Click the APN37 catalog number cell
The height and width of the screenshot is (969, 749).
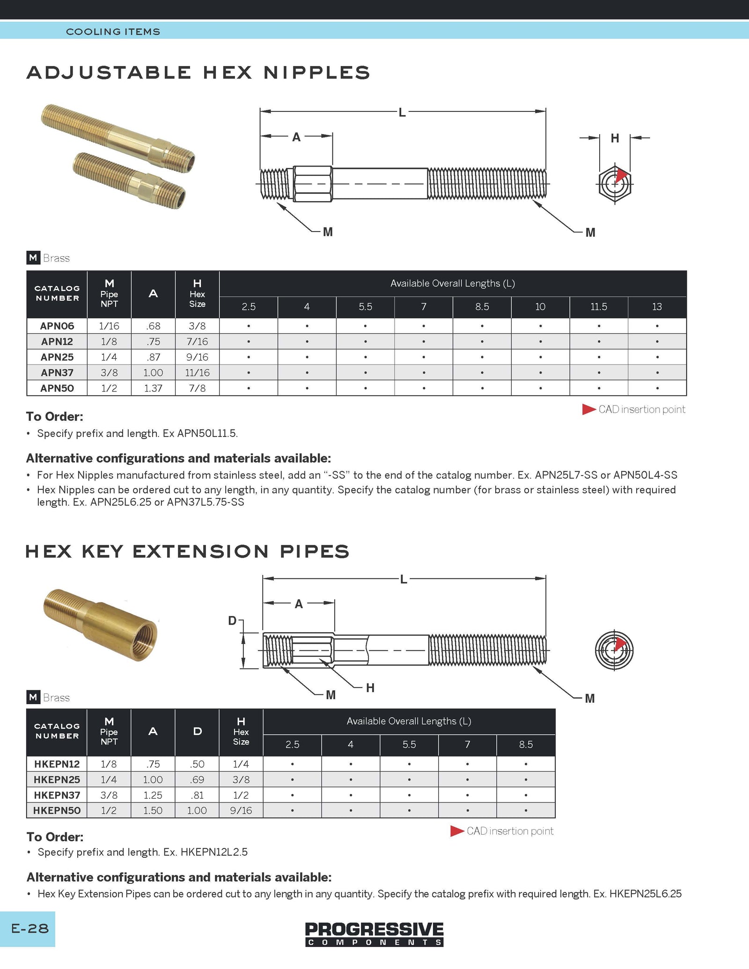coord(57,372)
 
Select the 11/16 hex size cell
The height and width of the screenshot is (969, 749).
coord(197,372)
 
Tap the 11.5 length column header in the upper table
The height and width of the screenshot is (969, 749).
coord(598,306)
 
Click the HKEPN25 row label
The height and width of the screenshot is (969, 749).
coord(57,780)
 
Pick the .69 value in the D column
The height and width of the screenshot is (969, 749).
coord(197,780)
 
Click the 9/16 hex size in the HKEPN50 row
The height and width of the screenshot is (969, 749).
coord(241,810)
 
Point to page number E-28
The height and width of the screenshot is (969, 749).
coord(29,928)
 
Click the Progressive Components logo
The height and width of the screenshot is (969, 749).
coord(374,934)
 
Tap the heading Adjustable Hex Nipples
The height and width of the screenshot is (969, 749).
coord(198,73)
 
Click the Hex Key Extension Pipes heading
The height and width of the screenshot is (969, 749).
coord(187,551)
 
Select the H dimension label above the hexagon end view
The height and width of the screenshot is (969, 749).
coord(615,138)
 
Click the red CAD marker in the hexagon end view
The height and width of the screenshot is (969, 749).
coord(621,176)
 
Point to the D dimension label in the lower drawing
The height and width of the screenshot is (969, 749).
coord(232,620)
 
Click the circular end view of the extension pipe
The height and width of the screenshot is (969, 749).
coord(614,650)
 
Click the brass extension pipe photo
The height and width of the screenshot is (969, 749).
coord(101,624)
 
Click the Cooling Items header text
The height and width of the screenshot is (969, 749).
coord(113,31)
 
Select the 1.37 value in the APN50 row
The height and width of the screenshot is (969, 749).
coord(153,388)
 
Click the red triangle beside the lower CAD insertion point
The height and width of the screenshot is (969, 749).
coord(457,831)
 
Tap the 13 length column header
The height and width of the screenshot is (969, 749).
coord(657,306)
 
